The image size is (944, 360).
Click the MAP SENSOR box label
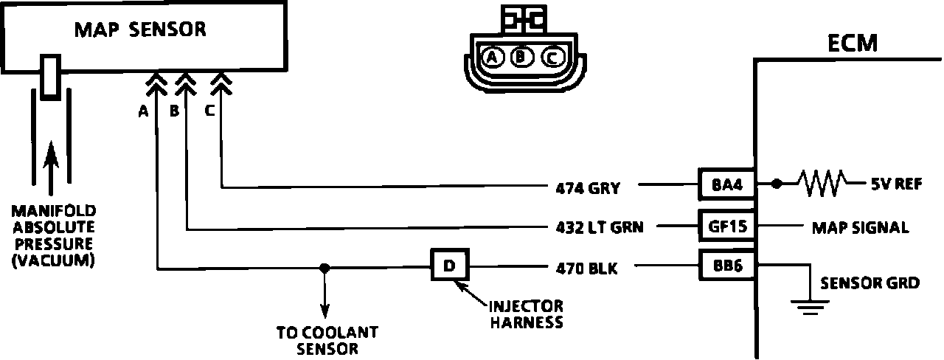(139, 30)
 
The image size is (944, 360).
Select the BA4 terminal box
(726, 184)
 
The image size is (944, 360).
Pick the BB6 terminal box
(726, 266)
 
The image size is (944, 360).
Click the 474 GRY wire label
(588, 188)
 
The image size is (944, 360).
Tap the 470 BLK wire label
(588, 269)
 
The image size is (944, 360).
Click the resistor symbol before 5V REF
(819, 184)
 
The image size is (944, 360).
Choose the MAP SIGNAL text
(859, 227)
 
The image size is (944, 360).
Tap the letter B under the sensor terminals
(175, 111)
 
